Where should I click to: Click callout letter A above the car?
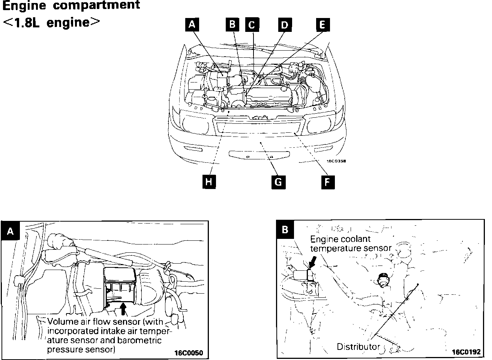point(192,24)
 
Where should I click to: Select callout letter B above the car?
point(232,24)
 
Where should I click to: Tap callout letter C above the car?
point(252,25)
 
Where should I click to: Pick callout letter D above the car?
point(285,25)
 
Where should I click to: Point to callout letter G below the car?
point(278,182)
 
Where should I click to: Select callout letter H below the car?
point(209,182)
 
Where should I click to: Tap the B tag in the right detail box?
point(285,229)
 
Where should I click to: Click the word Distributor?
point(358,347)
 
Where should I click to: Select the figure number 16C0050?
point(188,353)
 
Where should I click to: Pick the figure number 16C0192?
point(466,352)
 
